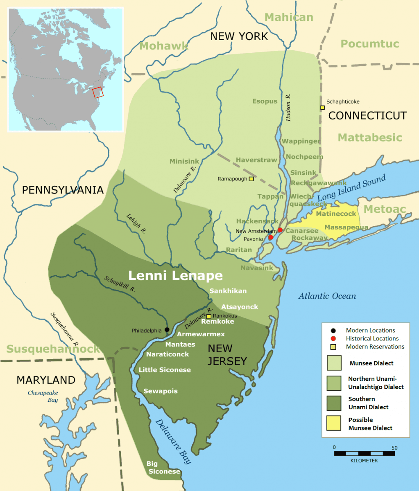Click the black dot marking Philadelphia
click(x=167, y=329)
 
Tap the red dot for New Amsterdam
click(x=280, y=230)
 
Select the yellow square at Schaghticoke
click(x=322, y=108)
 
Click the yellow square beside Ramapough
click(x=251, y=179)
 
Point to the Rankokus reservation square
click(x=209, y=316)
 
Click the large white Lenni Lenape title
click(x=176, y=275)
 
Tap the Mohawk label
click(x=164, y=46)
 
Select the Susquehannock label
click(x=53, y=349)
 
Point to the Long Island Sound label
click(x=351, y=187)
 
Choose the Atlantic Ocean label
click(x=327, y=296)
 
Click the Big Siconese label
click(x=163, y=468)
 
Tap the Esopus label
click(x=265, y=101)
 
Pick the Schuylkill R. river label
click(x=120, y=283)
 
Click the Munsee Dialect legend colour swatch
click(x=334, y=363)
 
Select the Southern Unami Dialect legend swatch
click(x=334, y=403)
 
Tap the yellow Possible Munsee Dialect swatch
click(x=334, y=423)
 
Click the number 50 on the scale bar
click(x=394, y=448)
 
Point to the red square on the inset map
click(x=98, y=92)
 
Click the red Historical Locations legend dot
click(x=333, y=338)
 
